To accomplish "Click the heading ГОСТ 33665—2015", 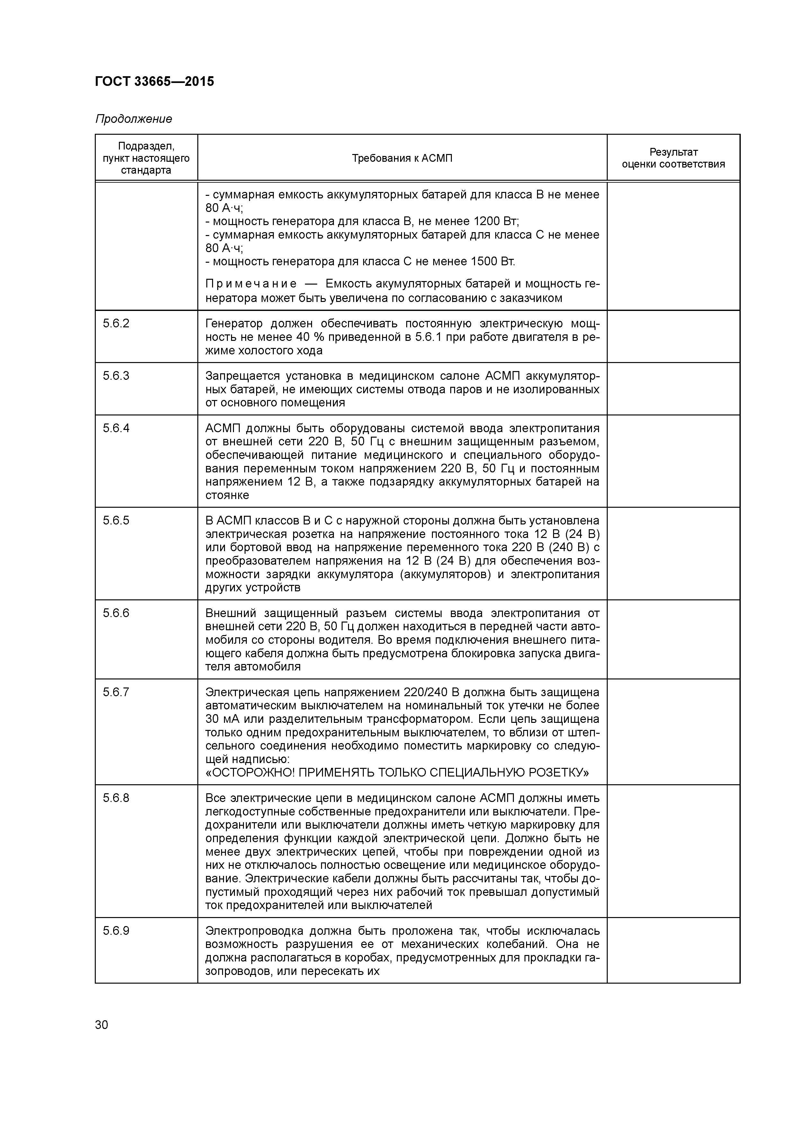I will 154,82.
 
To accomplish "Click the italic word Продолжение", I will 134,119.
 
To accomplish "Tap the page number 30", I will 102,1024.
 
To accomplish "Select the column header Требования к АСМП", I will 402,158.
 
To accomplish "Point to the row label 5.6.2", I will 116,324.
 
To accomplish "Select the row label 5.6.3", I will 116,376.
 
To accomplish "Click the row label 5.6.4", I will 116,428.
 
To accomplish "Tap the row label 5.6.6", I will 116,613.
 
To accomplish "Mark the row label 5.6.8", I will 116,798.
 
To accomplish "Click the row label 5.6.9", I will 116,931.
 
